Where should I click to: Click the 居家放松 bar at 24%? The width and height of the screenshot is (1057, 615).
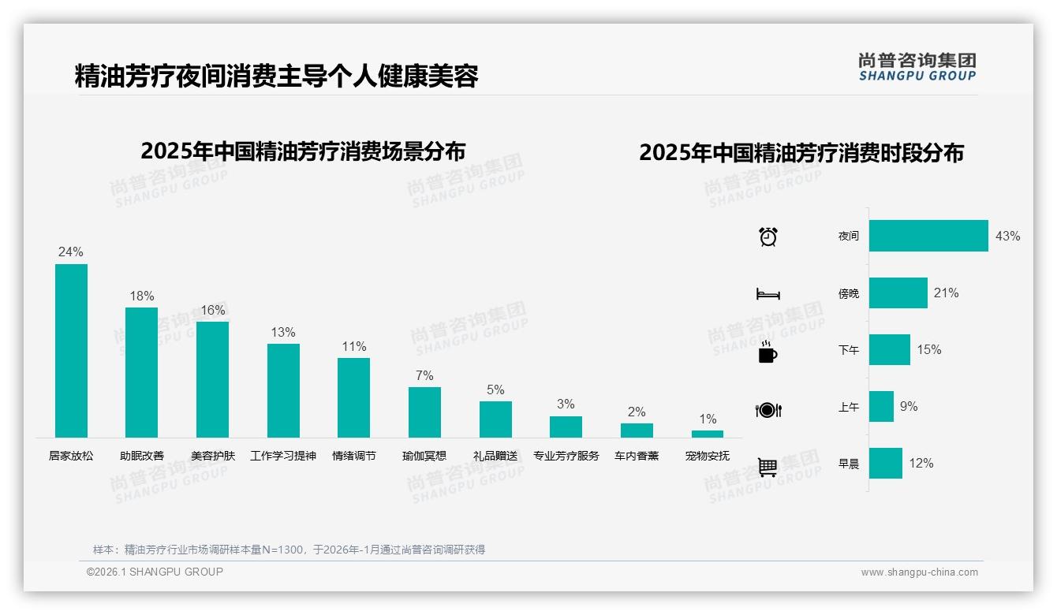(71, 350)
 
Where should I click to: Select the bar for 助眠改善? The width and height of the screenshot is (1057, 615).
(142, 372)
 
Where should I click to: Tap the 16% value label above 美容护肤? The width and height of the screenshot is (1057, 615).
(212, 311)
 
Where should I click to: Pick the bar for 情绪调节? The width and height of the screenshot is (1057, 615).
(353, 397)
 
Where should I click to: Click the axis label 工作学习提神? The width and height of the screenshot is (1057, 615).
(283, 456)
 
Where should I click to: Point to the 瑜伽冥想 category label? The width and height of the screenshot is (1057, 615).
(424, 456)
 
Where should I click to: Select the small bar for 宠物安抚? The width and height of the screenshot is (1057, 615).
(708, 434)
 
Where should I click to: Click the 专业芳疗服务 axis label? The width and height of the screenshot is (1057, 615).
(566, 456)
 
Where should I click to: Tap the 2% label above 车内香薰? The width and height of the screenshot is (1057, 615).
(637, 412)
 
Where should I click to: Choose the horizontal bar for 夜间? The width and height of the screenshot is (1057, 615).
(928, 236)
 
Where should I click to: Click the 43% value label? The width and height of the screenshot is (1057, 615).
(1007, 236)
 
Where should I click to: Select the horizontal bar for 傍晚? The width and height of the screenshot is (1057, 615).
(898, 293)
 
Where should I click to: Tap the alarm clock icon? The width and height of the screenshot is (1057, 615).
(768, 237)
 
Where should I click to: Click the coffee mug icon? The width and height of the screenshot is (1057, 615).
(768, 352)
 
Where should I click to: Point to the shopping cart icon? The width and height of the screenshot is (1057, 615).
(768, 467)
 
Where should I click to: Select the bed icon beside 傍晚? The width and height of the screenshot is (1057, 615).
(768, 294)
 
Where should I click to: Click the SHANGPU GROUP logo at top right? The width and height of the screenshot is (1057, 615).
(917, 67)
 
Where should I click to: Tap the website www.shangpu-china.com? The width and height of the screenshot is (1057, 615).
(919, 572)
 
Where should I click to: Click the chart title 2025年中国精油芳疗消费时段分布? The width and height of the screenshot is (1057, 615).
(801, 152)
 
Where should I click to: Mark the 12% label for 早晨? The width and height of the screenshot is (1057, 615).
(921, 463)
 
